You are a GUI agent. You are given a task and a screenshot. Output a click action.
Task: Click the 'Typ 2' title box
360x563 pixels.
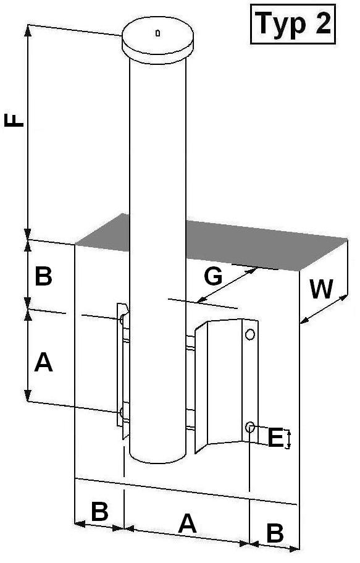[x=293, y=23]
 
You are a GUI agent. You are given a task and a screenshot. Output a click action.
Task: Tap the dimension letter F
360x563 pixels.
[x=14, y=120]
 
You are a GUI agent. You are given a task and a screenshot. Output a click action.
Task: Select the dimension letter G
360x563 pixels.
[x=213, y=277]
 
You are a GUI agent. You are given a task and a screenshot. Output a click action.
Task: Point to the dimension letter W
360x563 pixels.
[x=322, y=289]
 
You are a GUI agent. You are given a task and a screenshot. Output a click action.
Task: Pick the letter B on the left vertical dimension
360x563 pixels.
[x=43, y=277]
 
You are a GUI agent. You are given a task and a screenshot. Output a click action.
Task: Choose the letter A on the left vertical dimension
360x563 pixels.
[x=43, y=362]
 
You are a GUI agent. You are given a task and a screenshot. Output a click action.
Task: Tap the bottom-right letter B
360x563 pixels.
[x=275, y=533]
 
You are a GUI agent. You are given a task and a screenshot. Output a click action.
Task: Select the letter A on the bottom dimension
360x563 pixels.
[x=187, y=523]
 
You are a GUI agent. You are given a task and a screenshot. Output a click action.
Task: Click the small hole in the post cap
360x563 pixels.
[x=157, y=33]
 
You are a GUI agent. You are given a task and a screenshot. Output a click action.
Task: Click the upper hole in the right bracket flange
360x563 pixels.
[x=250, y=334]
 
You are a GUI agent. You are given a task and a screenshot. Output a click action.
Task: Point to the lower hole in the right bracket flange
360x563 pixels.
[x=250, y=427]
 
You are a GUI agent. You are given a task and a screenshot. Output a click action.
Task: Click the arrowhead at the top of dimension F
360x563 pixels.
[x=28, y=30]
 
